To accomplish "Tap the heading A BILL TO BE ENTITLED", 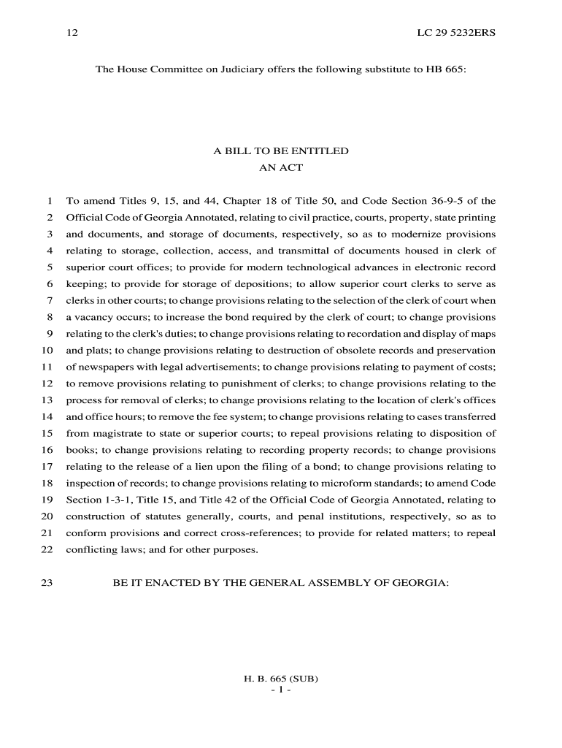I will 281,151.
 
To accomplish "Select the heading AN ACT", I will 281,168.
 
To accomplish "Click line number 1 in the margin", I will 49,201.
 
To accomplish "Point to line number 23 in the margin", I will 47,584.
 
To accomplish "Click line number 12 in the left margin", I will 47,383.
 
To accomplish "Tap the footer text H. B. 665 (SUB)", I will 281,679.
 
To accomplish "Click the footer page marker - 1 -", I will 281,690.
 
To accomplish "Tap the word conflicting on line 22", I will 88,550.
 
